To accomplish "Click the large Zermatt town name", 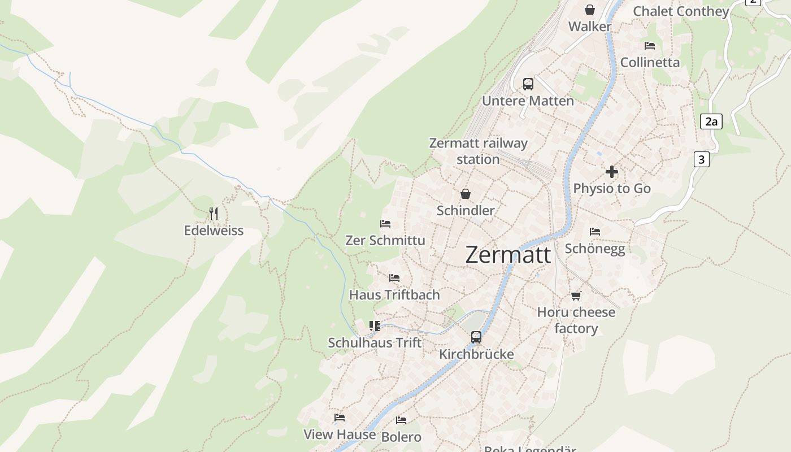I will [508, 255].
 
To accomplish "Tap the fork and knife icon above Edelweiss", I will [214, 214].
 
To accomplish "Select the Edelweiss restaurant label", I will [214, 231].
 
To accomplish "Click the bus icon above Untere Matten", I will [528, 84].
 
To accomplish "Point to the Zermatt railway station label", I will [478, 151].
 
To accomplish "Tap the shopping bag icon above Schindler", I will [466, 194].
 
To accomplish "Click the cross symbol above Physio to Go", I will [611, 171].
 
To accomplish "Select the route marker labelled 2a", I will [711, 121].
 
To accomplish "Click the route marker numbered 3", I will [701, 159].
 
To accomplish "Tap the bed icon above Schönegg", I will [594, 232].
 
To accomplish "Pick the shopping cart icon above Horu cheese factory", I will [576, 295].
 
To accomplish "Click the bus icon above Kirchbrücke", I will [476, 337].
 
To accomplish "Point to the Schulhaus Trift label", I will [375, 342].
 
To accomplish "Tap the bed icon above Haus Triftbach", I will [394, 278].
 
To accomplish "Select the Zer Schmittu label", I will [385, 240].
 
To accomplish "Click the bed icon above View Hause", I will [339, 418].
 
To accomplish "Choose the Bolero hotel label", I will [401, 437].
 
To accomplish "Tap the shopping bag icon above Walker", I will [590, 10].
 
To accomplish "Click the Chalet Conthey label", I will [681, 11].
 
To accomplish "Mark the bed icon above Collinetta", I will [650, 46].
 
